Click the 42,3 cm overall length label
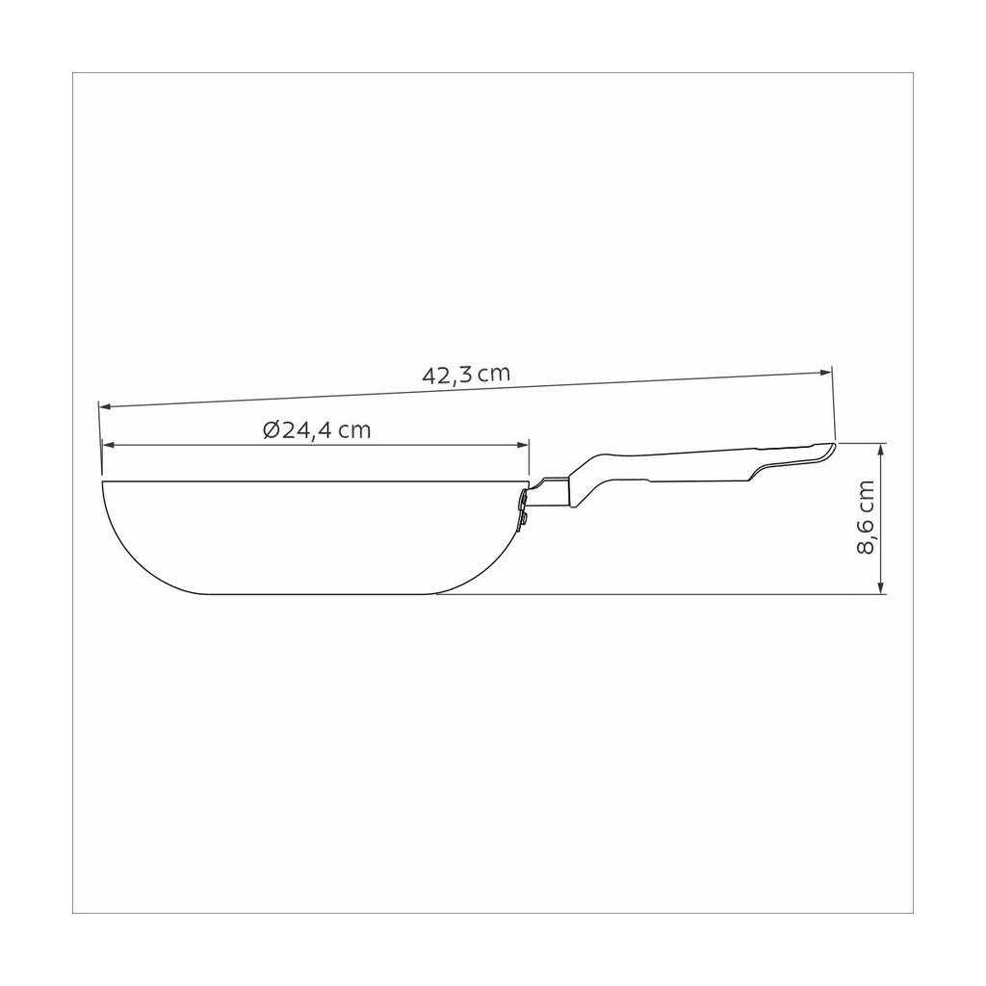[x=466, y=375]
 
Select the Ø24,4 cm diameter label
[x=317, y=430]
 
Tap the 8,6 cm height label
[x=866, y=517]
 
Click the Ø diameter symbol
[x=272, y=430]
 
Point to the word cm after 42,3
[x=494, y=375]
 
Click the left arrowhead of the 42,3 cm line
[x=106, y=407]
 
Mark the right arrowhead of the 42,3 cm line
[x=825, y=373]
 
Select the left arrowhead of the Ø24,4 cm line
[x=109, y=445]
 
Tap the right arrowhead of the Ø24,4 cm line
[x=523, y=445]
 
